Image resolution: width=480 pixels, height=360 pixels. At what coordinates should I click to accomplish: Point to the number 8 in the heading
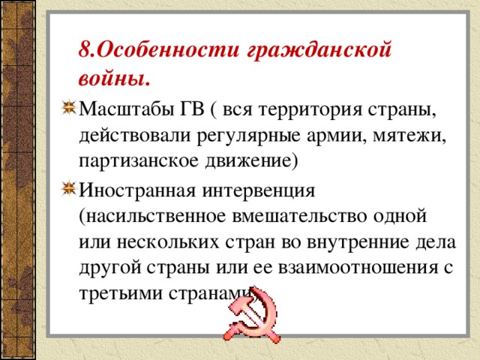click(84, 50)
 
